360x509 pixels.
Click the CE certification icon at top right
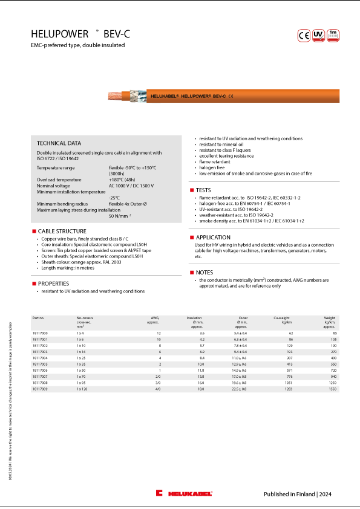(x=304, y=35)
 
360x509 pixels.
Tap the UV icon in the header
(x=319, y=35)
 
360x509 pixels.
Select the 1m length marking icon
(x=333, y=35)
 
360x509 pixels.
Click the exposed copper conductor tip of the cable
(x=112, y=96)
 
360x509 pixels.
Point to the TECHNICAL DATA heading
(x=59, y=143)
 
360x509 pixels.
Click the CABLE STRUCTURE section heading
(x=62, y=231)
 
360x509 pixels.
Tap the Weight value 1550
(x=331, y=389)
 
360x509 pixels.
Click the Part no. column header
(x=38, y=317)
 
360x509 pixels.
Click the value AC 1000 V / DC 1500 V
(x=131, y=186)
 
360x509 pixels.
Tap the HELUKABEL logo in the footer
(x=184, y=494)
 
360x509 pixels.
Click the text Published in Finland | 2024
(x=297, y=494)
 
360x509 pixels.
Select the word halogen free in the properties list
(x=213, y=167)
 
